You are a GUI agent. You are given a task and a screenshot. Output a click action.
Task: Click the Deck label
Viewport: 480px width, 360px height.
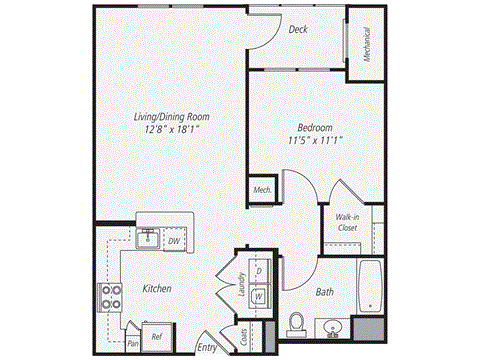[298, 30]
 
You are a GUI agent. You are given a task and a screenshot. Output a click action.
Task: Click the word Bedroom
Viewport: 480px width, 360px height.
[314, 127]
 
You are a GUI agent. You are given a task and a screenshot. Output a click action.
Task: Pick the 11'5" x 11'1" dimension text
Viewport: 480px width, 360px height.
[314, 140]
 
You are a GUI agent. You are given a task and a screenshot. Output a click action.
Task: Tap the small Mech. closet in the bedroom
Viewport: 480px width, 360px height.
[263, 190]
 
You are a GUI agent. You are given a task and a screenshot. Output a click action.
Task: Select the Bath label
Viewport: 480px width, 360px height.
[324, 292]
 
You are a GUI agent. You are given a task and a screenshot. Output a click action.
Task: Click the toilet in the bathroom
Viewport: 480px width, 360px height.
[295, 322]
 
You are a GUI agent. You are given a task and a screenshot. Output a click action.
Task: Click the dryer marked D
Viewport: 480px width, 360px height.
[258, 271]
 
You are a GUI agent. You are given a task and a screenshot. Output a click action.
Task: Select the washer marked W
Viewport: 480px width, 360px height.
[258, 296]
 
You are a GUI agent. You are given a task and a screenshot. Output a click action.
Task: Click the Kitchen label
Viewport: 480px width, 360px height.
[156, 289]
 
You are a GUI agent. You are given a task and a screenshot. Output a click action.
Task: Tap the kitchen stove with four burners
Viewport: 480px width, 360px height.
[109, 297]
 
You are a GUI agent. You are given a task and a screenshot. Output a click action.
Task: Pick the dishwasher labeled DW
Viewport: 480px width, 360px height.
[174, 241]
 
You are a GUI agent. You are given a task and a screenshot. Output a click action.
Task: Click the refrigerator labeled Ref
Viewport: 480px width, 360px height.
[156, 338]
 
